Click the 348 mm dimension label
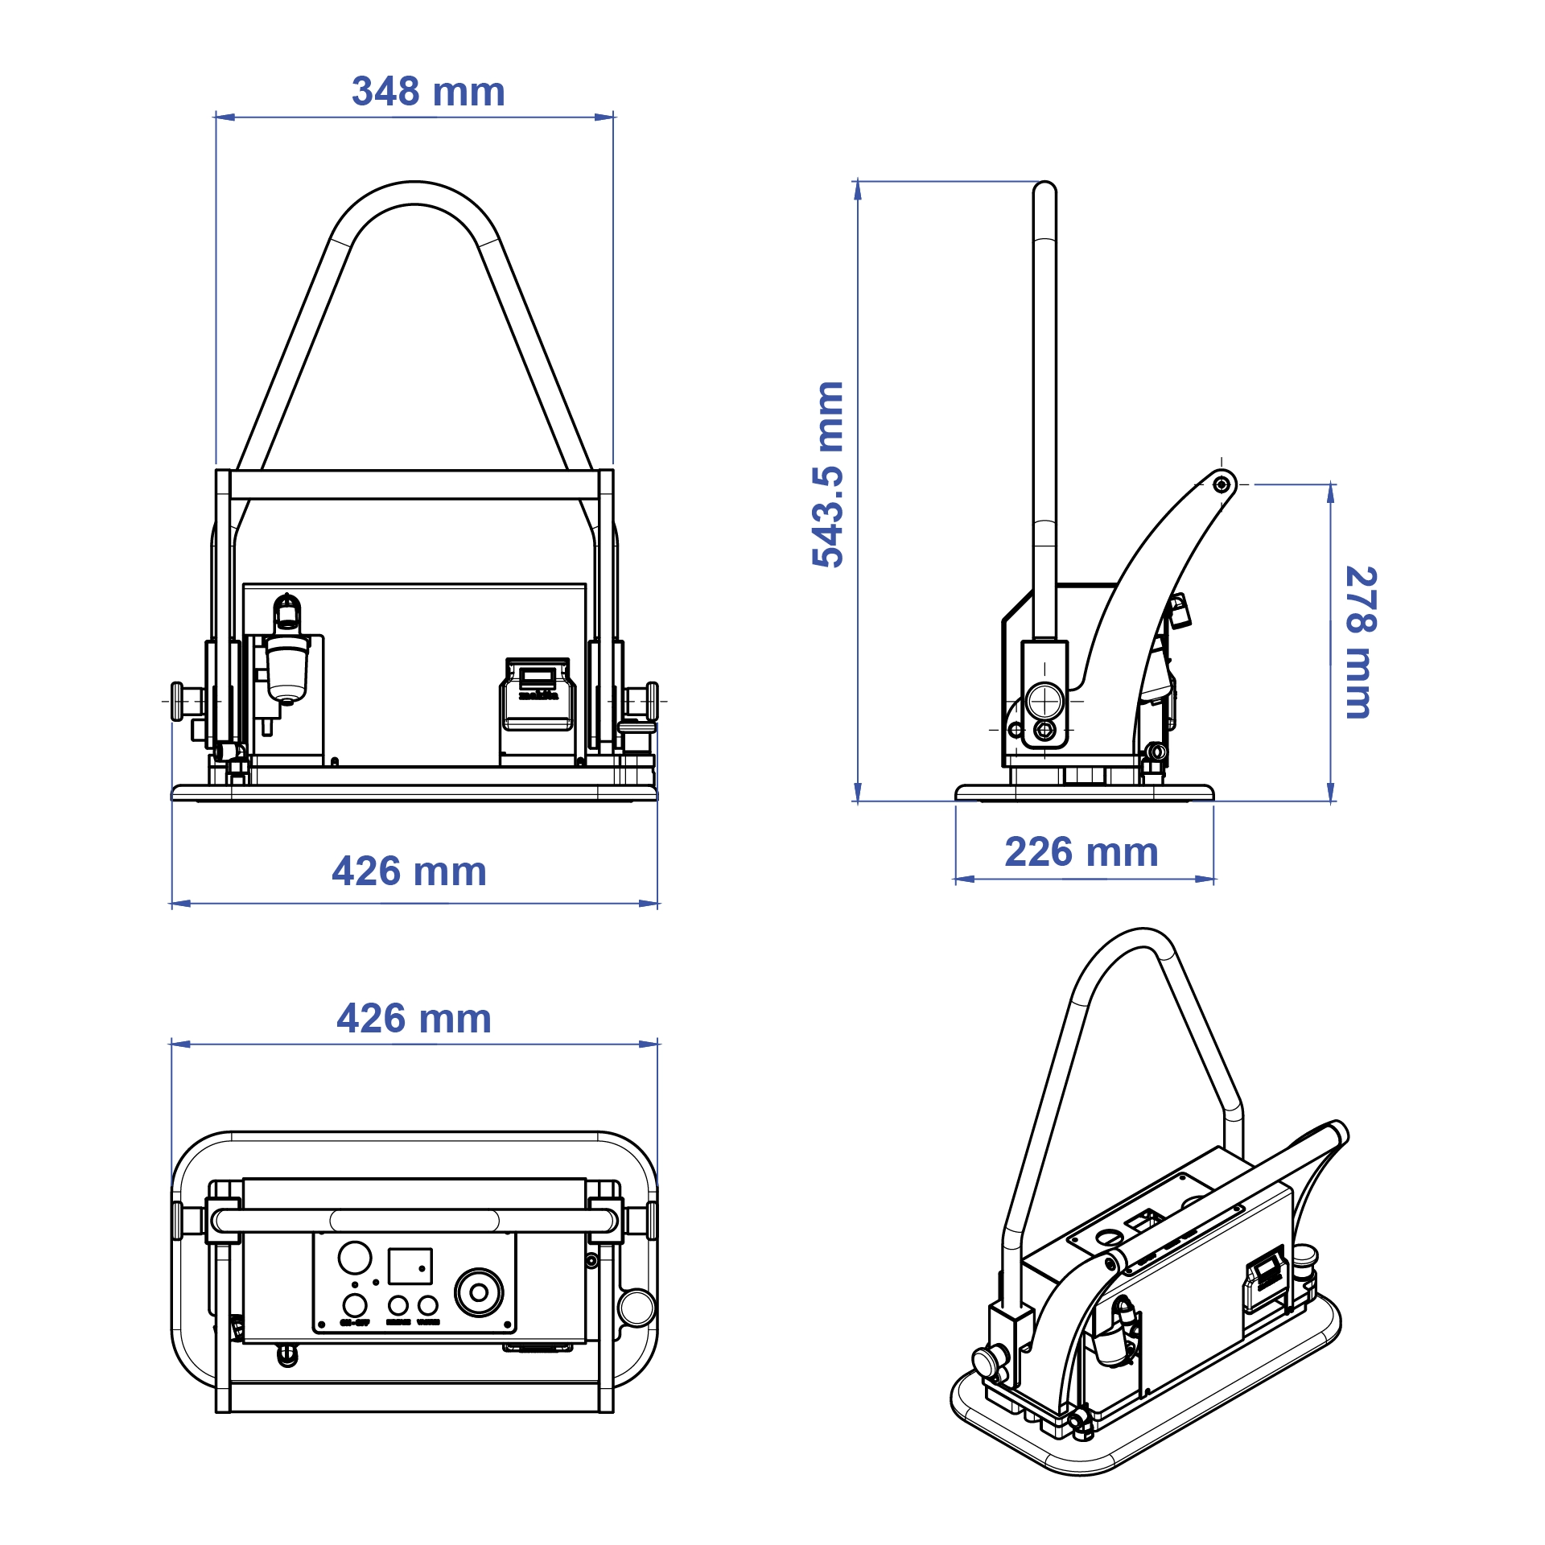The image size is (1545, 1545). pos(428,92)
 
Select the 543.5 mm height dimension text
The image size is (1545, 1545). pos(828,475)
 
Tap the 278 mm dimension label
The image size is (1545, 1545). pos(1361,642)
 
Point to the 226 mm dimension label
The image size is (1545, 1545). pos(1081,852)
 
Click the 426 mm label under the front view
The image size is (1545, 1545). pos(410,871)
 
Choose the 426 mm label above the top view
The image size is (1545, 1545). pos(414,1019)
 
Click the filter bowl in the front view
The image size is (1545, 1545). pos(287,668)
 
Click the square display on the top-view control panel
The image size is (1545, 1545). pos(410,1266)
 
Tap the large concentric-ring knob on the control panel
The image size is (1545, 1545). pos(479,1293)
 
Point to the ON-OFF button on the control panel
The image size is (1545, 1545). pos(355,1305)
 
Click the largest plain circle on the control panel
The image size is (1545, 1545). pos(355,1257)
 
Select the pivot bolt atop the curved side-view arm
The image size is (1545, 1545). pos(1222,484)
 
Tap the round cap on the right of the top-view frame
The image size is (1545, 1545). pos(637,1308)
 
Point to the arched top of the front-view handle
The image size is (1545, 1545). pos(414,193)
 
